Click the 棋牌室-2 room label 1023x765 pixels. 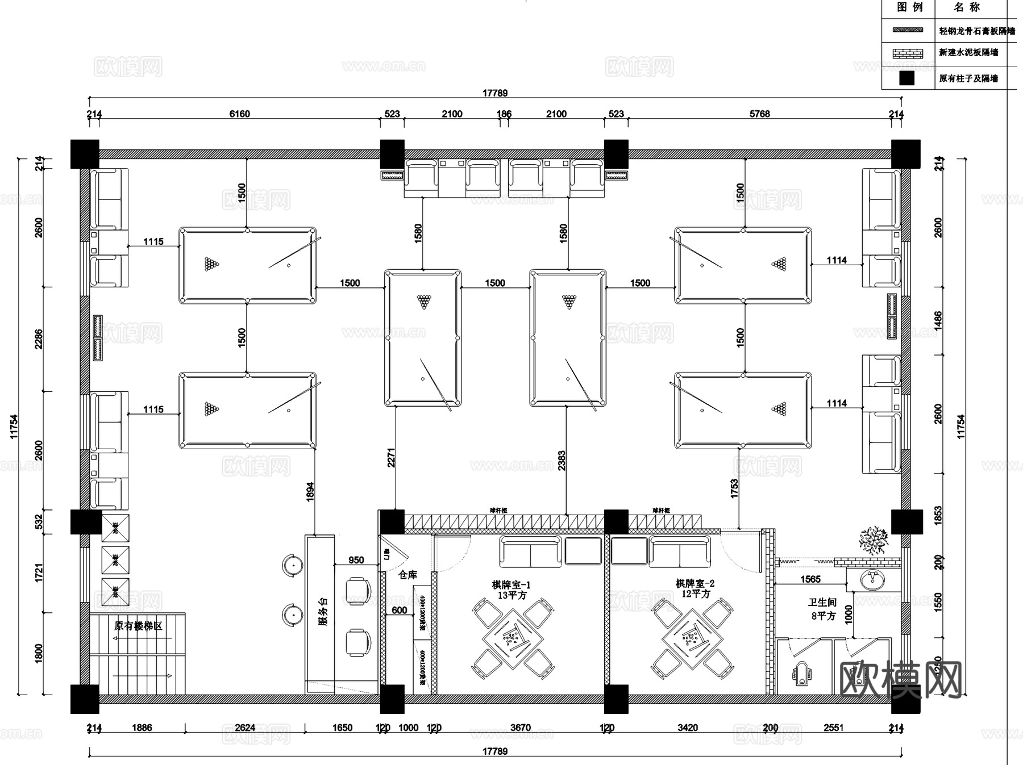(x=695, y=584)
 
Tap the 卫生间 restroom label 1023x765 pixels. (x=822, y=603)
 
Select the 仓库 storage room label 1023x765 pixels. (x=407, y=575)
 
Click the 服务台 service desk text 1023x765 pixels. (x=323, y=611)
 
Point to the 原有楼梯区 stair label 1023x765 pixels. (x=138, y=626)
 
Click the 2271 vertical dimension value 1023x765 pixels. (x=391, y=458)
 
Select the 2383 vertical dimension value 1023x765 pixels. (x=562, y=461)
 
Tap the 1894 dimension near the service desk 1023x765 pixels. (x=310, y=492)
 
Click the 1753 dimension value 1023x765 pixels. (x=734, y=488)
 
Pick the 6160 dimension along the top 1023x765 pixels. (x=239, y=114)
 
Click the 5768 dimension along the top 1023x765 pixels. (x=759, y=114)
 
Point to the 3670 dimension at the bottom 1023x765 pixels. (x=520, y=728)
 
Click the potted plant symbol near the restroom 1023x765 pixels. (x=874, y=540)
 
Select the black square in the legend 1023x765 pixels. (x=907, y=78)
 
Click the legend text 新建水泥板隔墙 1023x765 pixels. (x=968, y=53)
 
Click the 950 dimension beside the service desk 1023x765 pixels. (x=356, y=560)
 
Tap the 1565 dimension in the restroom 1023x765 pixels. (x=810, y=579)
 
